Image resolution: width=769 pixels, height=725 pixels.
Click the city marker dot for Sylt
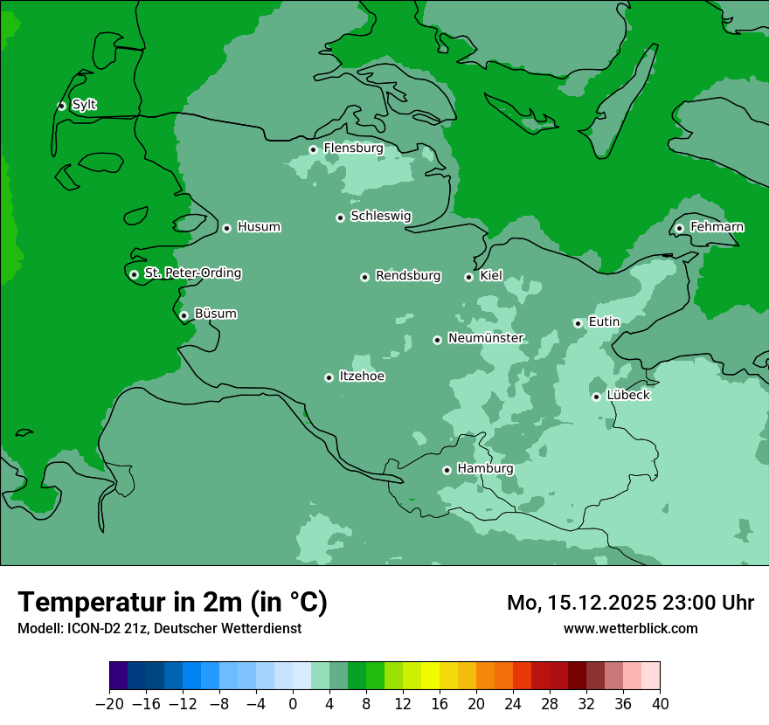[x=61, y=106]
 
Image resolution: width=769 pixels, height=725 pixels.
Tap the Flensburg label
[x=353, y=148]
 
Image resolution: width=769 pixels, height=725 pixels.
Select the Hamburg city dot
[x=447, y=470]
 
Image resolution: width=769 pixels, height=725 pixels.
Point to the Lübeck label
[x=628, y=396]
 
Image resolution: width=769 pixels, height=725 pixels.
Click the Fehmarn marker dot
[x=679, y=228]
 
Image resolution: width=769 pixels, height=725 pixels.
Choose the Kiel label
[x=491, y=276]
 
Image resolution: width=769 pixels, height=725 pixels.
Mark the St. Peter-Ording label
[x=192, y=273]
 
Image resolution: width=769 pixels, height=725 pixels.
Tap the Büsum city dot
[x=184, y=315]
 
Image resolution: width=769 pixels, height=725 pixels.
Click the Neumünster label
[x=486, y=339]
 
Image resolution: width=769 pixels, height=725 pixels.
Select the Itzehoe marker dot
[x=329, y=377]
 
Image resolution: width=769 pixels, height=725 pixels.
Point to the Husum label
[x=259, y=227]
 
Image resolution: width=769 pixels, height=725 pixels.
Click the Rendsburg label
[x=408, y=276]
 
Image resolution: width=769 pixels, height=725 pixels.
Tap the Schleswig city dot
[x=340, y=217]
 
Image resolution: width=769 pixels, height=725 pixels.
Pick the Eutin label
[x=604, y=322]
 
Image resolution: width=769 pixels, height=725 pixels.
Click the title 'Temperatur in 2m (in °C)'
[x=172, y=602]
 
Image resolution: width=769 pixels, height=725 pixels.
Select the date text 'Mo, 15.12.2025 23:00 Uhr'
[x=630, y=603]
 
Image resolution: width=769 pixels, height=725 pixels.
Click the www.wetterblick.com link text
[x=630, y=628]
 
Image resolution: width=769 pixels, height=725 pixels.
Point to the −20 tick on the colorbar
[x=110, y=704]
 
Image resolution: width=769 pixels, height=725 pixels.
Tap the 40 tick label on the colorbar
[x=660, y=704]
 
